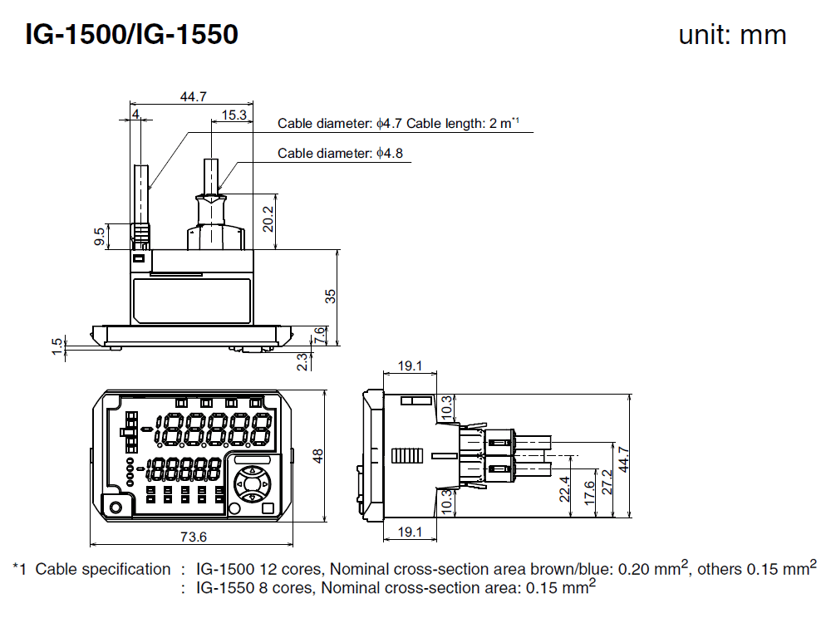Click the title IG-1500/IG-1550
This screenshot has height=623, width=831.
click(132, 34)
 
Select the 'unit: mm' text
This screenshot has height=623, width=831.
click(731, 35)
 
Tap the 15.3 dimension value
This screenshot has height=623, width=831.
click(234, 115)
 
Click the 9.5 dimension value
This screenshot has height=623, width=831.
click(101, 237)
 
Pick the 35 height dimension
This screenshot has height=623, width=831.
click(330, 296)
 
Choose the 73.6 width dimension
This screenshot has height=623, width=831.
click(193, 537)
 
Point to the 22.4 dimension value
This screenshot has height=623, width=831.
click(565, 489)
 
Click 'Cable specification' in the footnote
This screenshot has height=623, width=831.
click(102, 570)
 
